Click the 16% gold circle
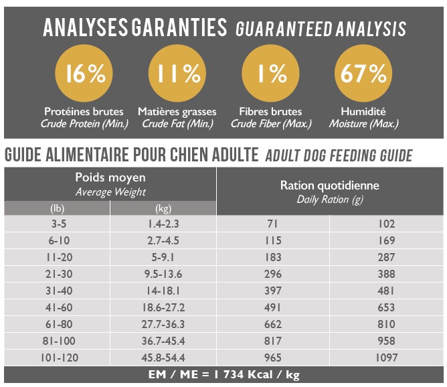click(85, 74)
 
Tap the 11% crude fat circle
click(179, 74)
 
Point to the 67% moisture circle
click(363, 74)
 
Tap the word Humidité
click(363, 111)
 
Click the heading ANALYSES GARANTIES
click(134, 27)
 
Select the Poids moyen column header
click(110, 177)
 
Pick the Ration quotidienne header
click(329, 185)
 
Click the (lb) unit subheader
click(57, 208)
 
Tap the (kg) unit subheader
click(163, 208)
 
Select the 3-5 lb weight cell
click(57, 224)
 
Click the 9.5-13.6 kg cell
click(163, 274)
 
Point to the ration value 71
click(273, 224)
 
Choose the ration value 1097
click(387, 358)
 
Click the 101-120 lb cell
click(57, 358)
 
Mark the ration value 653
click(387, 307)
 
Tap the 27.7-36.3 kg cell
click(163, 324)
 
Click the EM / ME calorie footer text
click(223, 375)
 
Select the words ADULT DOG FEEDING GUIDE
click(339, 156)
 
